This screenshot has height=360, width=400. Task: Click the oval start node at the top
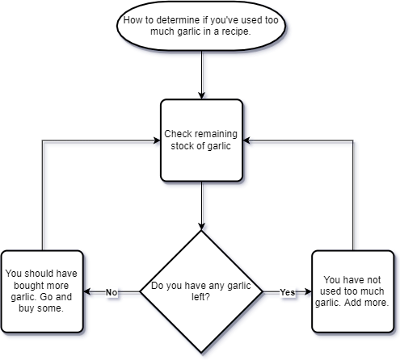[x=201, y=26]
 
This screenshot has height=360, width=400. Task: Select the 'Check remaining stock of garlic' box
[x=201, y=140]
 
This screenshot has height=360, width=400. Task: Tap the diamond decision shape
[x=201, y=291]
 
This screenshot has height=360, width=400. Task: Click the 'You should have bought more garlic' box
[x=42, y=291]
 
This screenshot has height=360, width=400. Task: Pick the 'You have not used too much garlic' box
[x=353, y=291]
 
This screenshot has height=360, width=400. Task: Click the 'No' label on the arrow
[x=112, y=292]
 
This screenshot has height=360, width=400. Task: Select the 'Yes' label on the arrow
[x=288, y=292]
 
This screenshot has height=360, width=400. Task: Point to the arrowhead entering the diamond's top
[x=201, y=227]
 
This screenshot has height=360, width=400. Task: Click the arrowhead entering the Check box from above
[x=201, y=95]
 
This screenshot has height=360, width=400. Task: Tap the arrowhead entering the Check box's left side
[x=157, y=140]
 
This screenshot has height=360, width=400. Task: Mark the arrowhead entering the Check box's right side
[x=246, y=140]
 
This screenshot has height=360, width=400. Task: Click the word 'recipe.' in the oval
[x=236, y=31]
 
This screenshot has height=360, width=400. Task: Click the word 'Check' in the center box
[x=178, y=134]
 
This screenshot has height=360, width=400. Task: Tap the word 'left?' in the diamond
[x=200, y=297]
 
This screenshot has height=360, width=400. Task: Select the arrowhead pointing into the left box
[x=86, y=291]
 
